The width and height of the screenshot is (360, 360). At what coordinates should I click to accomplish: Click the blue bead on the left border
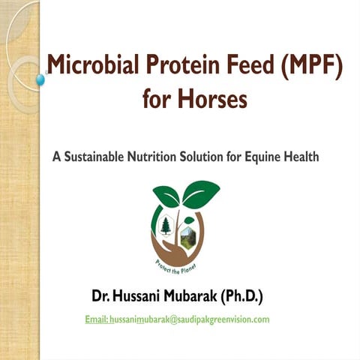point(40,79)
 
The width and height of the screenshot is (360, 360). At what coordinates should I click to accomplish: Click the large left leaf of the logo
point(166,196)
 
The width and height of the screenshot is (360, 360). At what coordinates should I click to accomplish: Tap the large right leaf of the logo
point(200,194)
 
